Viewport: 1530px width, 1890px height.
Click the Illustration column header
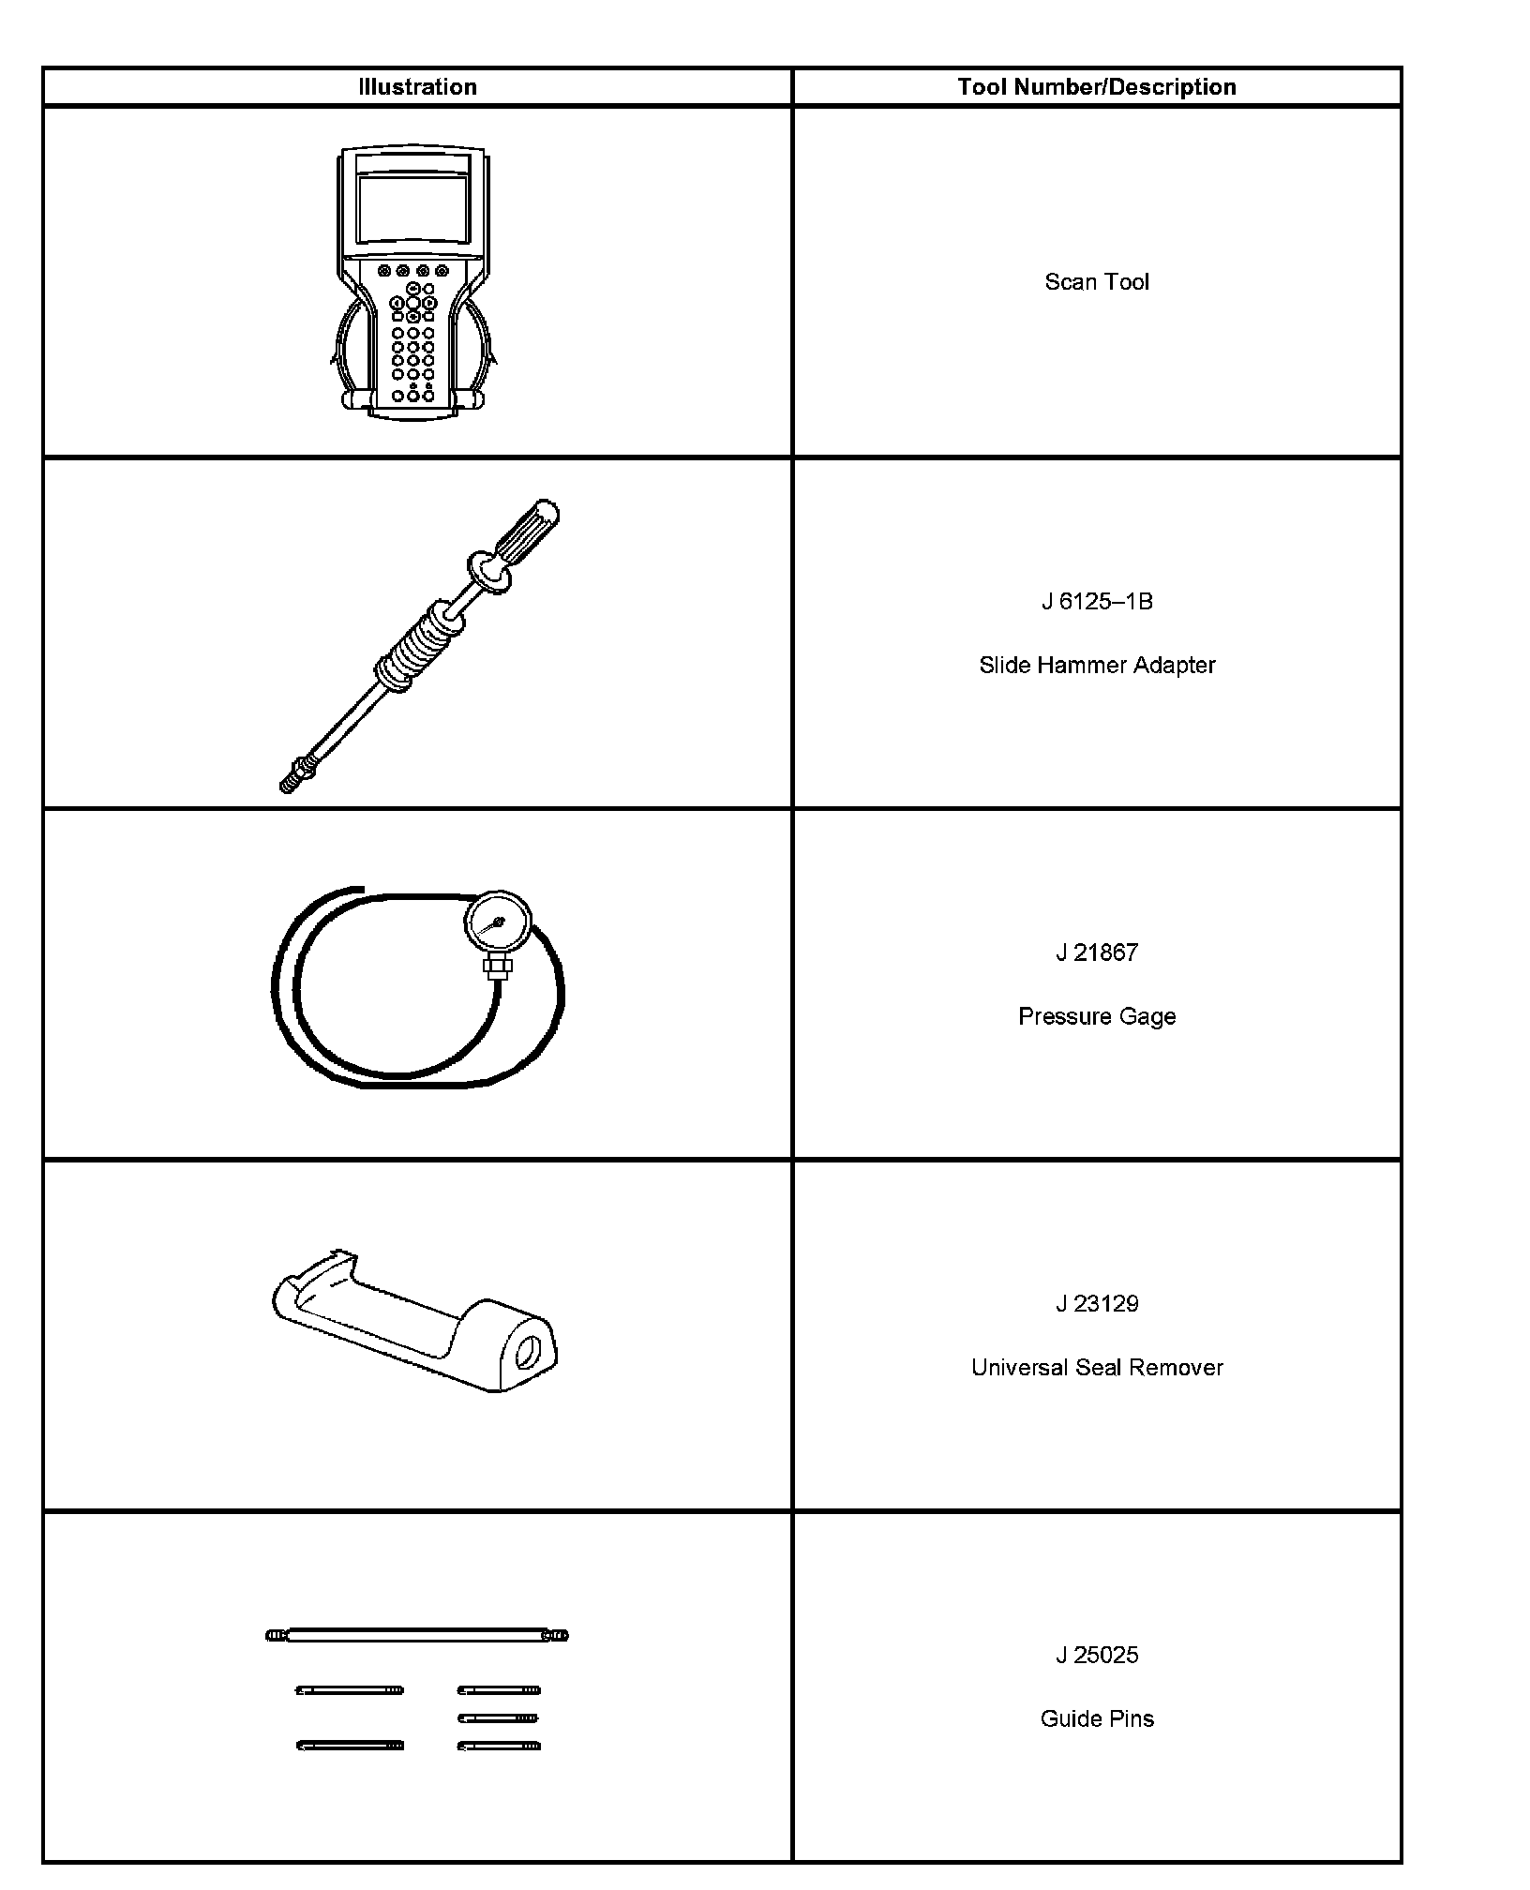click(417, 87)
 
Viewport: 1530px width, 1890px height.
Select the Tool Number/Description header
click(1096, 87)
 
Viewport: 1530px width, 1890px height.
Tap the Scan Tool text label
click(1096, 282)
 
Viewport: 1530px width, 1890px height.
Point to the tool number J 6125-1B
click(1096, 602)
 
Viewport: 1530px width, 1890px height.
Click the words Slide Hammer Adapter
click(1096, 666)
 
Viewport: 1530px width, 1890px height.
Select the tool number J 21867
click(1096, 952)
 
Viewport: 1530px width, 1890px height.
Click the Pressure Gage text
click(1096, 1016)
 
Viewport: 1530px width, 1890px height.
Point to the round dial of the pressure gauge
click(497, 923)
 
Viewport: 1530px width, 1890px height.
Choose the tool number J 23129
click(1096, 1304)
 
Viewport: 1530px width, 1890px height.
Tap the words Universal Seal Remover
click(1096, 1368)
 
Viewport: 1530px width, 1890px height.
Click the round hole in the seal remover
click(528, 1353)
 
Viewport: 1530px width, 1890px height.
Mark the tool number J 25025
click(1096, 1655)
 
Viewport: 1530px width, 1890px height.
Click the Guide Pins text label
click(1096, 1718)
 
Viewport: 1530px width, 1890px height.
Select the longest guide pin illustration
click(417, 1636)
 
